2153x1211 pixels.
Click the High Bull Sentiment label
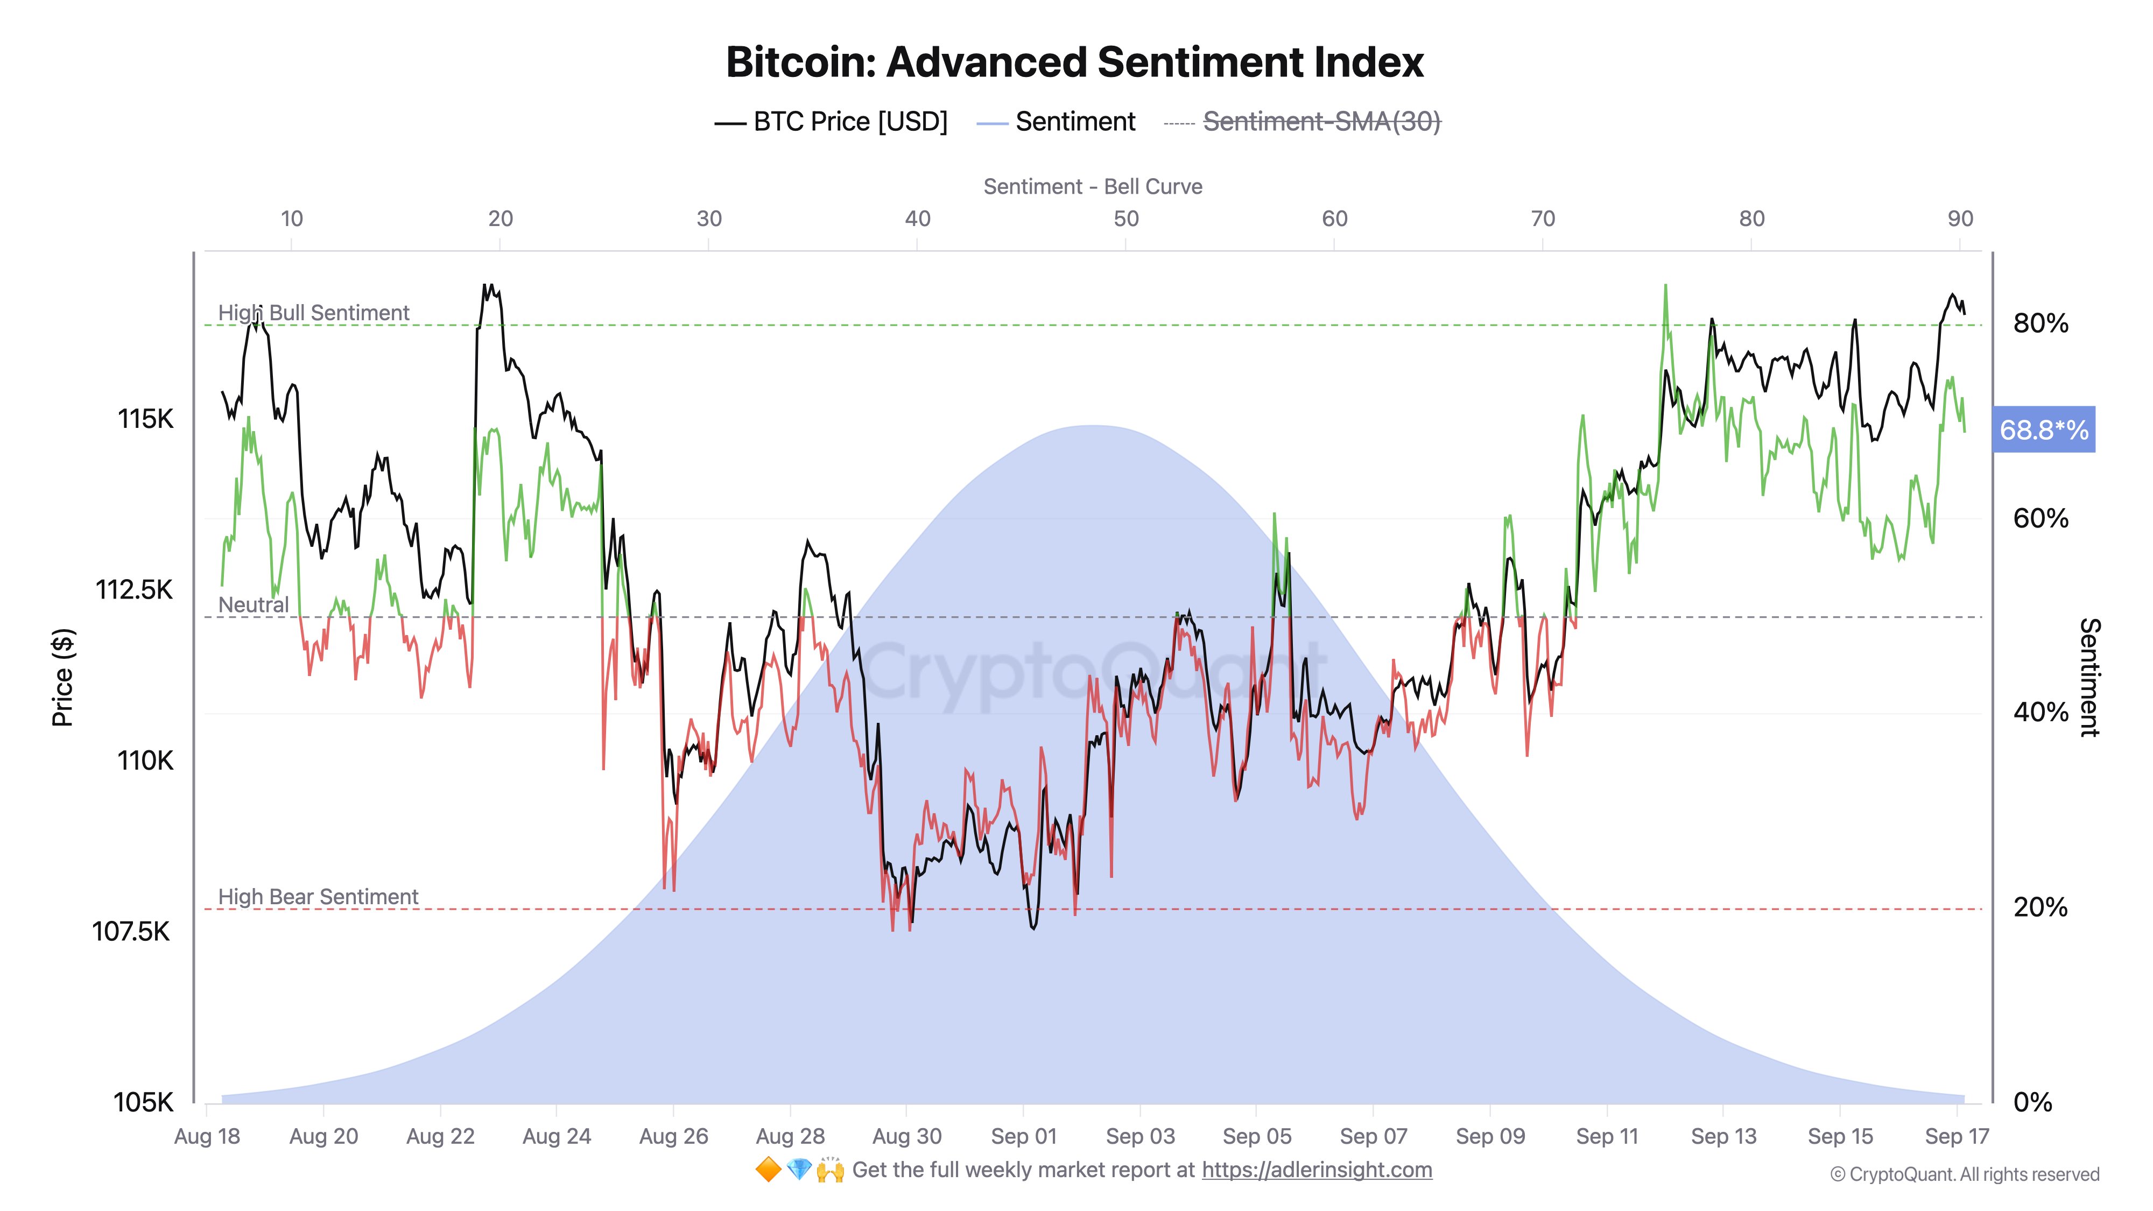click(x=313, y=313)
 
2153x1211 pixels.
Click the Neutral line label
click(x=253, y=604)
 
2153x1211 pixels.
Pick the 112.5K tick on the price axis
click(x=133, y=589)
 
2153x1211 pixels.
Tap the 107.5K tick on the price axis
click(x=131, y=931)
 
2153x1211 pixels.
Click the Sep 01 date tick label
click(x=1023, y=1137)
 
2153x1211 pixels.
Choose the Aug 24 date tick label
click(x=557, y=1137)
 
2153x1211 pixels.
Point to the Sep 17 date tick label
click(x=1957, y=1137)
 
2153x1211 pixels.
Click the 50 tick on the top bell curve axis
click(x=1126, y=219)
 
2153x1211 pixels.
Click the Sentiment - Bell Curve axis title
click(x=1093, y=186)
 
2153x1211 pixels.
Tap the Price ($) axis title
click(x=62, y=677)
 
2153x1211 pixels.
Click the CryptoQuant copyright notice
click(x=1964, y=1174)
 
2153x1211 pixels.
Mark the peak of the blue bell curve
click(x=1093, y=426)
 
